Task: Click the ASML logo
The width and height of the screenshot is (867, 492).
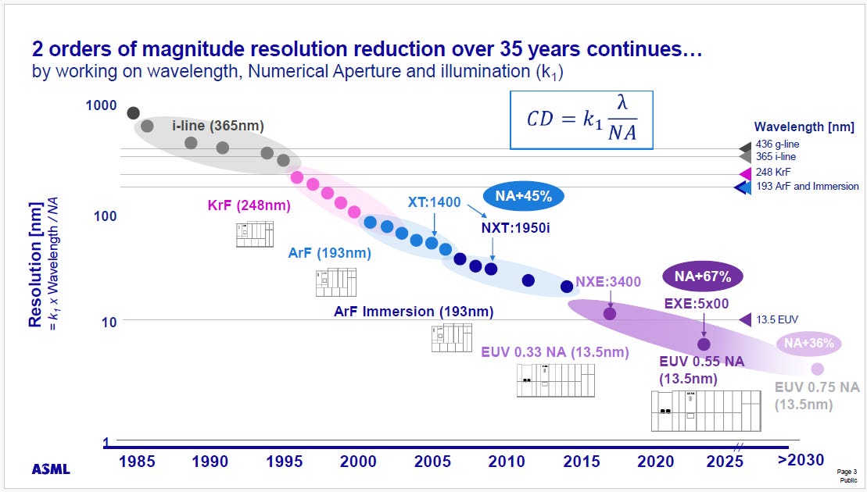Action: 51,469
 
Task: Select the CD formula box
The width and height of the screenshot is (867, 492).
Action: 581,119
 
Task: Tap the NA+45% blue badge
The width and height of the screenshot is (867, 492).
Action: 523,196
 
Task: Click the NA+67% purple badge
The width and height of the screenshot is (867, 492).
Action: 702,276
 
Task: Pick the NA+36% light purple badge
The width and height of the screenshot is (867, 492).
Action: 808,344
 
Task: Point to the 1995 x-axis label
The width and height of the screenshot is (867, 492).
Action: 285,461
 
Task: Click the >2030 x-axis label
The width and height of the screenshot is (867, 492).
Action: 800,459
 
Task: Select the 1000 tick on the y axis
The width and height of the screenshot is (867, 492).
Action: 101,105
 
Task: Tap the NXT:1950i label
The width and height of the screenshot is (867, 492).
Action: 515,227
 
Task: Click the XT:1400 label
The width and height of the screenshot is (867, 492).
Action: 434,202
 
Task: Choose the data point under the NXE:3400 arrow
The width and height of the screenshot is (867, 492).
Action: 610,314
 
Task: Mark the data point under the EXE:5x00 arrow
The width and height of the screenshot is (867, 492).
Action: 704,344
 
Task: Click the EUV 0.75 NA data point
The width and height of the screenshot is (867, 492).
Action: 817,369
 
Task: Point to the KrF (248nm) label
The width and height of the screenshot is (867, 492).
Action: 249,205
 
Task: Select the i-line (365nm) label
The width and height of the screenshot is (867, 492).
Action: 218,126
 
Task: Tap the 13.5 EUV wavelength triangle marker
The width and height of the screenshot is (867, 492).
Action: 745,319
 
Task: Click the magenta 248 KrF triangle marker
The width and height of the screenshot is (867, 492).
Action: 745,173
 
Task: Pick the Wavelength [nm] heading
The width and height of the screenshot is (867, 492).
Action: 804,127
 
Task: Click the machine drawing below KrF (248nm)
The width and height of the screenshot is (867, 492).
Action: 255,234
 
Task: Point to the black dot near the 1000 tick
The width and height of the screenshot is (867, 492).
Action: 133,113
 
